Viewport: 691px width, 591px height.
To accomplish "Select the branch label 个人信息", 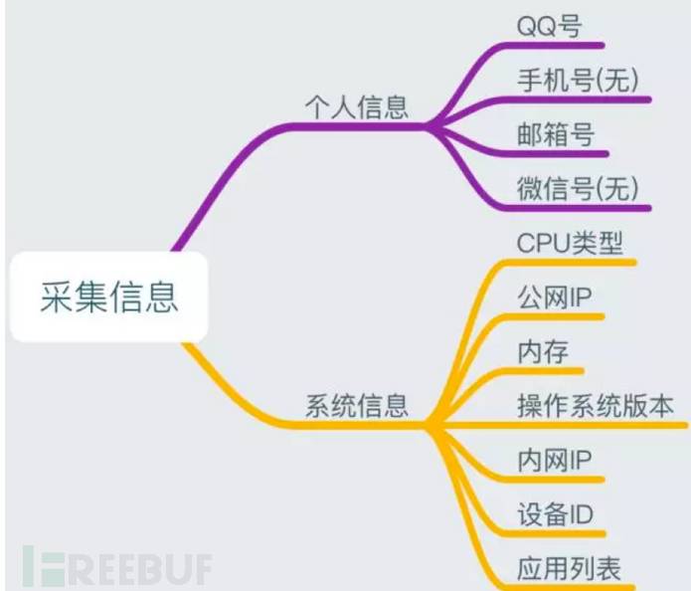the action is point(356,106).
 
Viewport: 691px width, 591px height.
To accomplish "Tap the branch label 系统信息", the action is point(356,406).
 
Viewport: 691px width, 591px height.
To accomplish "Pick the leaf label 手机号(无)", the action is point(578,79).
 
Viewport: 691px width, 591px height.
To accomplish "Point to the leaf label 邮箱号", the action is point(555,133).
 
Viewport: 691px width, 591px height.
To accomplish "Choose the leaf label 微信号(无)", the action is point(578,187).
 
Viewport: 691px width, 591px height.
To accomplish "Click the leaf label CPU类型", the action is point(570,243).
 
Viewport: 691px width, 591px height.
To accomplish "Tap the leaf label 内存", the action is point(543,351).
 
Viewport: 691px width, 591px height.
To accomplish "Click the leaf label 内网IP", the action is point(555,461).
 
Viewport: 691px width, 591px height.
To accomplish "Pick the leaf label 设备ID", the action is point(555,515).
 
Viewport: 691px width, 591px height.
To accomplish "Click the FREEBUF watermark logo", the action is point(119,565).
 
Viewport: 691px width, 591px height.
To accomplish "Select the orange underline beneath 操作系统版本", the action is point(597,426).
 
